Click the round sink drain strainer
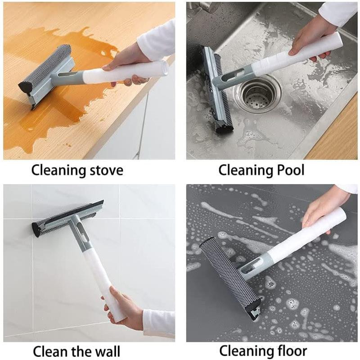tap(257, 94)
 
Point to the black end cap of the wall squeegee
tap(36, 230)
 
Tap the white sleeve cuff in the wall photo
tap(158, 322)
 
